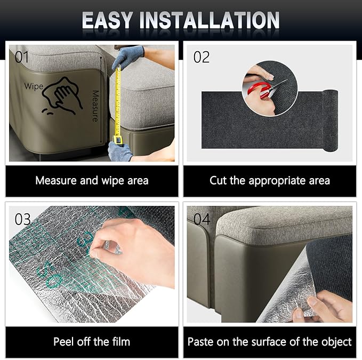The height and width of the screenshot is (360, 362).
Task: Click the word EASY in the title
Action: click(107, 20)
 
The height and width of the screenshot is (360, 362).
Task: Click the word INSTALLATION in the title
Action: click(210, 20)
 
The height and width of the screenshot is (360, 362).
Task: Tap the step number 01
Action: click(22, 57)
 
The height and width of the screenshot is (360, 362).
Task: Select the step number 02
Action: click(202, 57)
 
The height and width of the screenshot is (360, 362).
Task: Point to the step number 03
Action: click(22, 219)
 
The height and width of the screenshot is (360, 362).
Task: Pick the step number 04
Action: click(202, 219)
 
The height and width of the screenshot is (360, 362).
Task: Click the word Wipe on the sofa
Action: click(34, 86)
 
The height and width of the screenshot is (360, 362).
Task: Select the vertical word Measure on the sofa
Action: click(95, 106)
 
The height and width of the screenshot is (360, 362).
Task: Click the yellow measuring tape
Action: click(118, 104)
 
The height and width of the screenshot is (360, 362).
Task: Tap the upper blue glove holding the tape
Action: click(128, 57)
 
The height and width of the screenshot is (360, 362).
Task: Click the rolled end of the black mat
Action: click(331, 121)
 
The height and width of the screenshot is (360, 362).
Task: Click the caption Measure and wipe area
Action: click(92, 180)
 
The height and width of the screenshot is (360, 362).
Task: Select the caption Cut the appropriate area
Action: click(270, 181)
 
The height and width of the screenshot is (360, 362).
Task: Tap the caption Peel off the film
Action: click(92, 342)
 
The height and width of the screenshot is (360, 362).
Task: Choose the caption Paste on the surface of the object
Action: click(270, 342)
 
